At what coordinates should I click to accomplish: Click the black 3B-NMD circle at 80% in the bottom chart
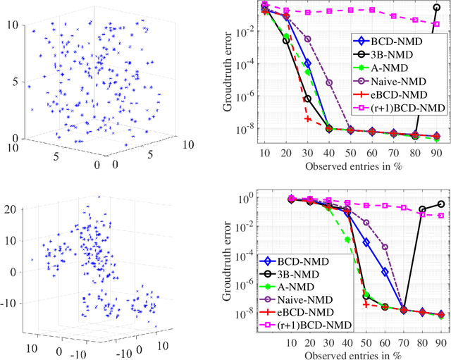(421, 210)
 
